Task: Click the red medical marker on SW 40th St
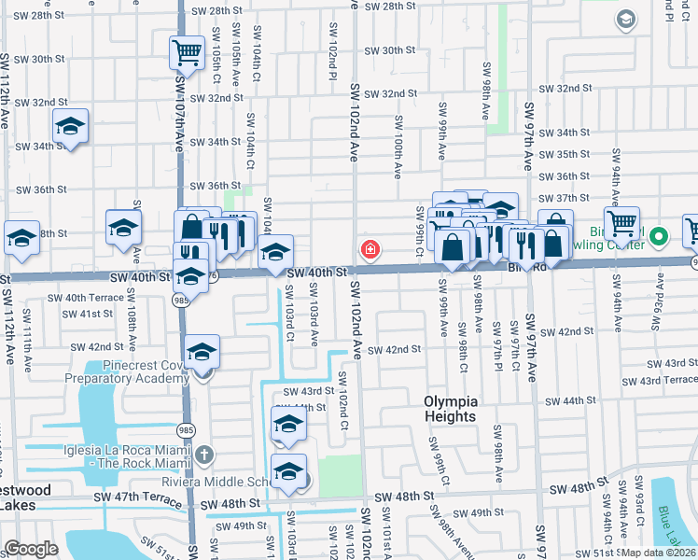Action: [x=370, y=250]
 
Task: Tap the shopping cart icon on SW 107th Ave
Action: [x=188, y=52]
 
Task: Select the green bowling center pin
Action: [x=660, y=237]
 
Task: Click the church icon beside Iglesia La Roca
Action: [x=204, y=455]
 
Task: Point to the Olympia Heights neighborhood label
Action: [x=450, y=409]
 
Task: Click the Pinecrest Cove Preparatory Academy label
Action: [x=127, y=372]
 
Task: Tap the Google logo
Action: [x=32, y=549]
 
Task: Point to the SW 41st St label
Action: [x=89, y=314]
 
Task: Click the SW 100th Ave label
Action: [x=398, y=147]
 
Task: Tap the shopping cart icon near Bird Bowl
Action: [x=622, y=223]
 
